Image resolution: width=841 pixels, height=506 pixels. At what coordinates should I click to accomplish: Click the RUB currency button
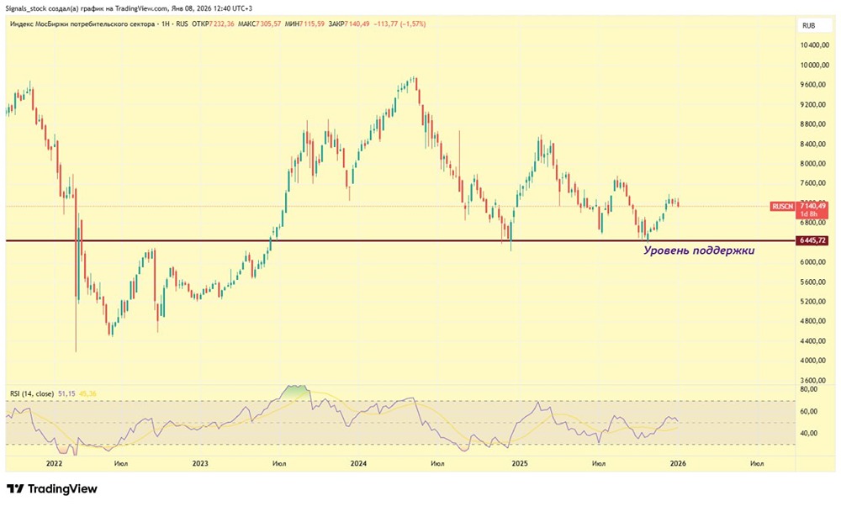point(809,25)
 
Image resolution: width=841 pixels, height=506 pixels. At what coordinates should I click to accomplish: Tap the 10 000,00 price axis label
point(812,66)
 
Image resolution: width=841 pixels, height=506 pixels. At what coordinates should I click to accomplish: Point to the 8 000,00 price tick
point(812,164)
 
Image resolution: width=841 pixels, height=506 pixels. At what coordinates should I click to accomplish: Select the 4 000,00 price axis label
point(812,361)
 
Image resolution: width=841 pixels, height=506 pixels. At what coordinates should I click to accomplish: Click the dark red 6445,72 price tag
point(812,241)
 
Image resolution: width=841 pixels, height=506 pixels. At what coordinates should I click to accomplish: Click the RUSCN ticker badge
point(782,206)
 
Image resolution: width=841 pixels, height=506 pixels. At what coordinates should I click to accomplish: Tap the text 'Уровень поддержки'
point(700,250)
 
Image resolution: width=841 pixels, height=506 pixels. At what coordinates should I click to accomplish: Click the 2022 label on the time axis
point(56,463)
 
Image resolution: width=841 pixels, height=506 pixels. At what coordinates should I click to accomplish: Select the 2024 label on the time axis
point(358,463)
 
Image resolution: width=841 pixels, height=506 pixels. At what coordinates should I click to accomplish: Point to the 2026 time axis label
point(677,463)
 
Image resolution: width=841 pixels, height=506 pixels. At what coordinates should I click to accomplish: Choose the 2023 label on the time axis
point(200,463)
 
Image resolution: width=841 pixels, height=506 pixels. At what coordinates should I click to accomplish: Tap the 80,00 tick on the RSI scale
point(809,389)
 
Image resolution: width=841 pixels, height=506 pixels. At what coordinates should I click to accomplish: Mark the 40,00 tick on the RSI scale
point(809,434)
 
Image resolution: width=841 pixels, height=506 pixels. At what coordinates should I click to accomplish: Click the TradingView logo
point(52,489)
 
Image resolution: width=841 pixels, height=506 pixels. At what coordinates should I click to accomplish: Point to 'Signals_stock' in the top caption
point(26,8)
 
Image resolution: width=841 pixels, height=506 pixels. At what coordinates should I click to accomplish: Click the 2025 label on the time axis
point(520,463)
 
